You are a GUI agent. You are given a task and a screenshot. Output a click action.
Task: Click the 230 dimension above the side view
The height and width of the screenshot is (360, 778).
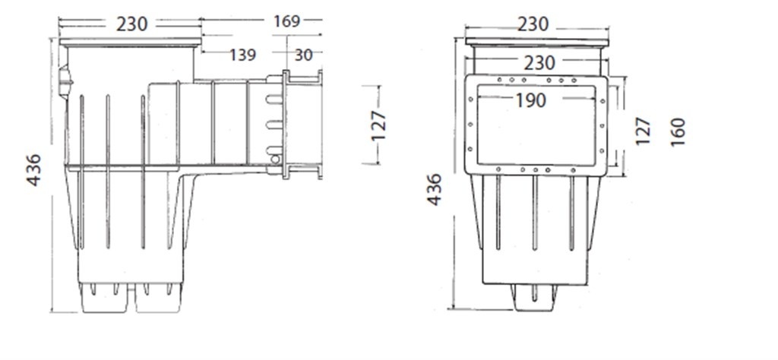point(132,24)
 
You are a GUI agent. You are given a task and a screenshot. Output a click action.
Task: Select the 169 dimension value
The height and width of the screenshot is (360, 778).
point(286,21)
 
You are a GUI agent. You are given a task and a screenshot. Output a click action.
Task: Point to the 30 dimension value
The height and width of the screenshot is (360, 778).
point(304,55)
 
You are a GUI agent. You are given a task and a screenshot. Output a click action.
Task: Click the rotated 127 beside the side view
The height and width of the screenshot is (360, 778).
point(378,125)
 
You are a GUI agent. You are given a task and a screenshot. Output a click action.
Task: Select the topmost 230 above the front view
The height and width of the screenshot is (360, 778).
point(532,24)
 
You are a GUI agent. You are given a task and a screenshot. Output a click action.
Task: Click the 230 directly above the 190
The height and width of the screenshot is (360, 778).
point(539,62)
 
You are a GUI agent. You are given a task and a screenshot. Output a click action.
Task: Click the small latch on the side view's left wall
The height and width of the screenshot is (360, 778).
point(65,77)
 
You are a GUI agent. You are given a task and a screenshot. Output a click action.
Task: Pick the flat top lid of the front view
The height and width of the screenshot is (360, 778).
point(538,43)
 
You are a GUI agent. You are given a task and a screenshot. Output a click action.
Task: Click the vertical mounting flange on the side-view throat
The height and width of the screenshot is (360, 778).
point(286,125)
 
